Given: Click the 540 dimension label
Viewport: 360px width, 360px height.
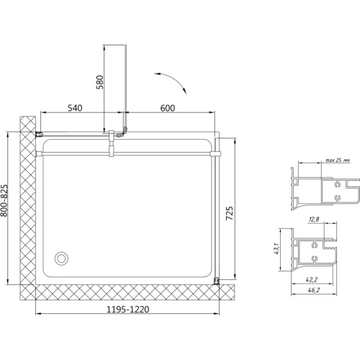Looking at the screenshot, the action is pos(75,108).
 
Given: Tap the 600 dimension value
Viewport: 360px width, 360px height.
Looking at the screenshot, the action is pos(168,108).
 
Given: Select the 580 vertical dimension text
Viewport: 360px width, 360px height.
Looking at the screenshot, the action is pos(99,82).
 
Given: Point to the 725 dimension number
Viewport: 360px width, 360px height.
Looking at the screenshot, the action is pos(230,213).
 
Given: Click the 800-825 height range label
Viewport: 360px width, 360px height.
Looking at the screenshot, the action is pos(4,200).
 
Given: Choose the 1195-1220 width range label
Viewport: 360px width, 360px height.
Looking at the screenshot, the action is pos(127,310).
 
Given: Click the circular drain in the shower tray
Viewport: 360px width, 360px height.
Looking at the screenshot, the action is pos(61,258).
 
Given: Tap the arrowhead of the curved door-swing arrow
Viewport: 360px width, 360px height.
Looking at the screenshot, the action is pos(184,91).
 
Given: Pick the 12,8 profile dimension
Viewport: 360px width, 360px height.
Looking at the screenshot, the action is pos(314,219).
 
